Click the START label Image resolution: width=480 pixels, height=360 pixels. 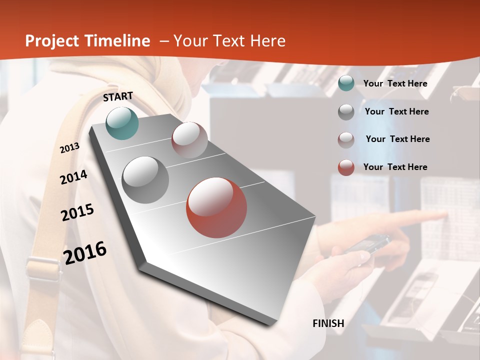pyautogui.click(x=118, y=96)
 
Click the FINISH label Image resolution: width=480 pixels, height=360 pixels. pyautogui.click(x=328, y=323)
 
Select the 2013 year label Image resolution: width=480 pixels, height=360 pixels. pyautogui.click(x=69, y=148)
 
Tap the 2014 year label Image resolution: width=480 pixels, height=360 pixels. pyautogui.click(x=73, y=177)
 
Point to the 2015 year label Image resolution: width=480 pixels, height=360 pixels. pyautogui.click(x=77, y=212)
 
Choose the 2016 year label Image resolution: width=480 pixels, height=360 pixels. pyautogui.click(x=85, y=252)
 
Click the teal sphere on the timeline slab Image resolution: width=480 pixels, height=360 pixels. pyautogui.click(x=122, y=123)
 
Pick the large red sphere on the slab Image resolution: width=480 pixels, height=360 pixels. pyautogui.click(x=216, y=207)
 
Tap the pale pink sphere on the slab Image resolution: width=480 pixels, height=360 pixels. pyautogui.click(x=189, y=140)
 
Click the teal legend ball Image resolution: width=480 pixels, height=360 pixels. pyautogui.click(x=346, y=83)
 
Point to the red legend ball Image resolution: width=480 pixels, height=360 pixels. pyautogui.click(x=346, y=167)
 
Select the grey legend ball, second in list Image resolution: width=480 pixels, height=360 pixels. pyautogui.click(x=346, y=112)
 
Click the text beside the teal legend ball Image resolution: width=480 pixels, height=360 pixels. pyautogui.click(x=395, y=83)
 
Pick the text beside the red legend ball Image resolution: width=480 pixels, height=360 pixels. pyautogui.click(x=395, y=167)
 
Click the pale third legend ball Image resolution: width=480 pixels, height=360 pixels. pyautogui.click(x=346, y=140)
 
